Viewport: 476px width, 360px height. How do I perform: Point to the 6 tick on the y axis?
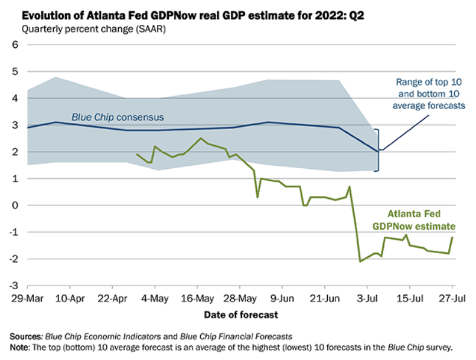15,45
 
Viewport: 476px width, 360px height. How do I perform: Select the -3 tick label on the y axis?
14,286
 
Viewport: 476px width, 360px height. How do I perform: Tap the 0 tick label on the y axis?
15,205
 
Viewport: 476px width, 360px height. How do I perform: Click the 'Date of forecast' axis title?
241,315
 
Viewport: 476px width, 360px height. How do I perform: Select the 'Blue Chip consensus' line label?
118,117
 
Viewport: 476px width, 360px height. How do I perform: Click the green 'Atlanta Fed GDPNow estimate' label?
420,220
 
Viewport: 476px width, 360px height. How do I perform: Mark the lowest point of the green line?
360,261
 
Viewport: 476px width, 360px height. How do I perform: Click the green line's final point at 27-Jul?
452,237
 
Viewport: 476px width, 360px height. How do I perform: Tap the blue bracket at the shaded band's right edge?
378,150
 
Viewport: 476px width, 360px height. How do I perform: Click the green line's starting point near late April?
137,154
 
